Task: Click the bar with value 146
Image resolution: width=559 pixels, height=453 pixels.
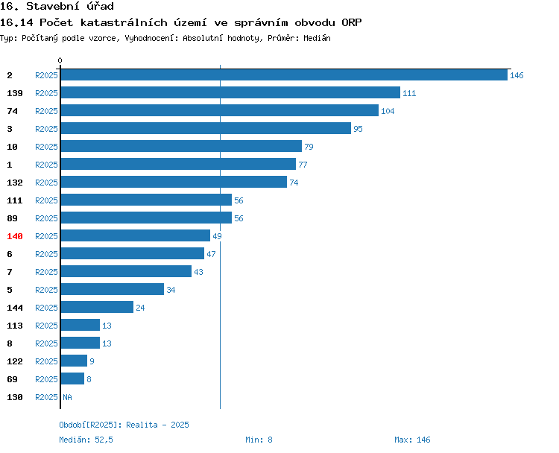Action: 283,75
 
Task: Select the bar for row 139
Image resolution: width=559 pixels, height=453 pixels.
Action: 230,93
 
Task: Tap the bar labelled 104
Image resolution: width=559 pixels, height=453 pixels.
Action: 219,111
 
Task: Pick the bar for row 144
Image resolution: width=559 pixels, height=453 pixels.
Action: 97,308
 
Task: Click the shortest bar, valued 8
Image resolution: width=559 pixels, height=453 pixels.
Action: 72,379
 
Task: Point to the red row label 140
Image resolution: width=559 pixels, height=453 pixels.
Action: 15,236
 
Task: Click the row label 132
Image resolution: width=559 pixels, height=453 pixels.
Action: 15,183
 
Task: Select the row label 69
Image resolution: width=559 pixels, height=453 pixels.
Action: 13,379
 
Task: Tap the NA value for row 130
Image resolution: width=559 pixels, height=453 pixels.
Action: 67,397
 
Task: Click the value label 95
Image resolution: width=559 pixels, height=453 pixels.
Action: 358,129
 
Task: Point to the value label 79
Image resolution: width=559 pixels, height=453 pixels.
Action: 309,147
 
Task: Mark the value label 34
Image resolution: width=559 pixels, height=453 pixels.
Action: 171,290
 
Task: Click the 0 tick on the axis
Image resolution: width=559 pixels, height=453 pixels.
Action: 60,60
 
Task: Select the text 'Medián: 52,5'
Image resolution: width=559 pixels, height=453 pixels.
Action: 86,440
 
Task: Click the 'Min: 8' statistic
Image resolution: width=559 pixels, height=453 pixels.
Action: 259,440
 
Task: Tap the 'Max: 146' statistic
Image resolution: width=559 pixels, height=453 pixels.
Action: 412,440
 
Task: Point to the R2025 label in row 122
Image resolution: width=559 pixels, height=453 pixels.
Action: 46,361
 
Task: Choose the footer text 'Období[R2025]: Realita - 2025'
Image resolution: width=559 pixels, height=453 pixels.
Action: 124,425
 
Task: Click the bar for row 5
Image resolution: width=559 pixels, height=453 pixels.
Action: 112,290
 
